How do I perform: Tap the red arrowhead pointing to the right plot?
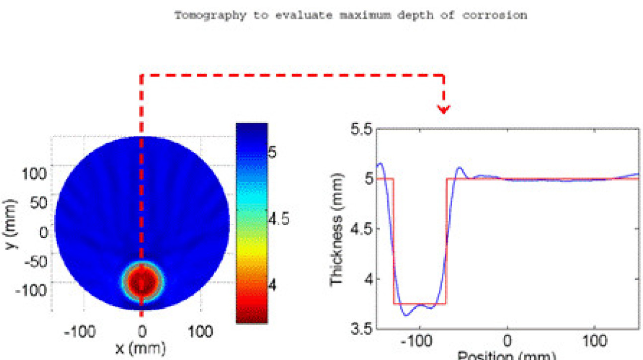coord(443,108)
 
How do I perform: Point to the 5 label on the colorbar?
coord(273,152)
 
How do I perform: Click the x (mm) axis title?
coord(142,348)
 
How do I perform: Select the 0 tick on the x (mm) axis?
coord(142,331)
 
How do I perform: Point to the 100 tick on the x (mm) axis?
coord(201,331)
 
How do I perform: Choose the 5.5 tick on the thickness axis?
coord(361,130)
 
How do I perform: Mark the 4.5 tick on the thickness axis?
coord(361,229)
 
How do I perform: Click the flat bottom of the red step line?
coord(420,303)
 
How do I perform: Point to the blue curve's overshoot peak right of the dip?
coord(460,168)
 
